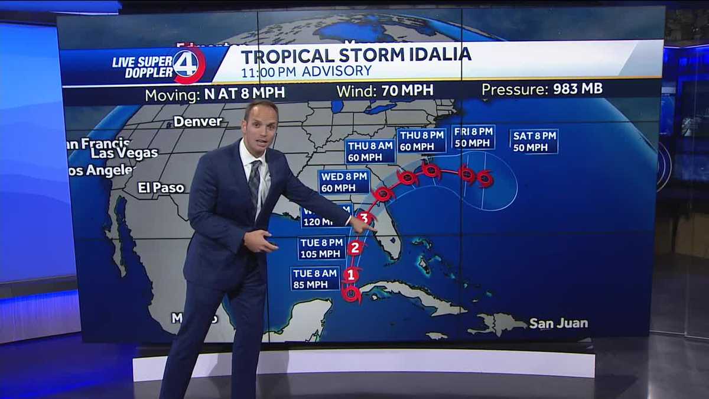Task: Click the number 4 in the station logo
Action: pyautogui.click(x=186, y=64)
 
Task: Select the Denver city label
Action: pyautogui.click(x=197, y=122)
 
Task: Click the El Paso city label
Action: pyautogui.click(x=161, y=188)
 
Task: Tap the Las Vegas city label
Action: pyautogui.click(x=124, y=153)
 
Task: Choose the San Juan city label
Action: pyautogui.click(x=558, y=323)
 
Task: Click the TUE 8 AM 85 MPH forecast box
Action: pyautogui.click(x=315, y=278)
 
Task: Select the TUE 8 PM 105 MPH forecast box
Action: pyautogui.click(x=321, y=248)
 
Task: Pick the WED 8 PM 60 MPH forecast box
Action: pyautogui.click(x=344, y=182)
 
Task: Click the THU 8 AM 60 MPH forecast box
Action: pyautogui.click(x=370, y=151)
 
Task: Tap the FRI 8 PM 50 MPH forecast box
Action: pyautogui.click(x=473, y=137)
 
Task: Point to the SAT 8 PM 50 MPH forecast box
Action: pyautogui.click(x=534, y=141)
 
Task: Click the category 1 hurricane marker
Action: pyautogui.click(x=350, y=275)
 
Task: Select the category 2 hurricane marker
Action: pyautogui.click(x=354, y=248)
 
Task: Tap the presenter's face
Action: pyautogui.click(x=261, y=125)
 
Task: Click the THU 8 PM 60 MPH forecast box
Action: pyautogui.click(x=421, y=141)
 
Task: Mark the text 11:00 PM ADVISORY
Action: pyautogui.click(x=306, y=72)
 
